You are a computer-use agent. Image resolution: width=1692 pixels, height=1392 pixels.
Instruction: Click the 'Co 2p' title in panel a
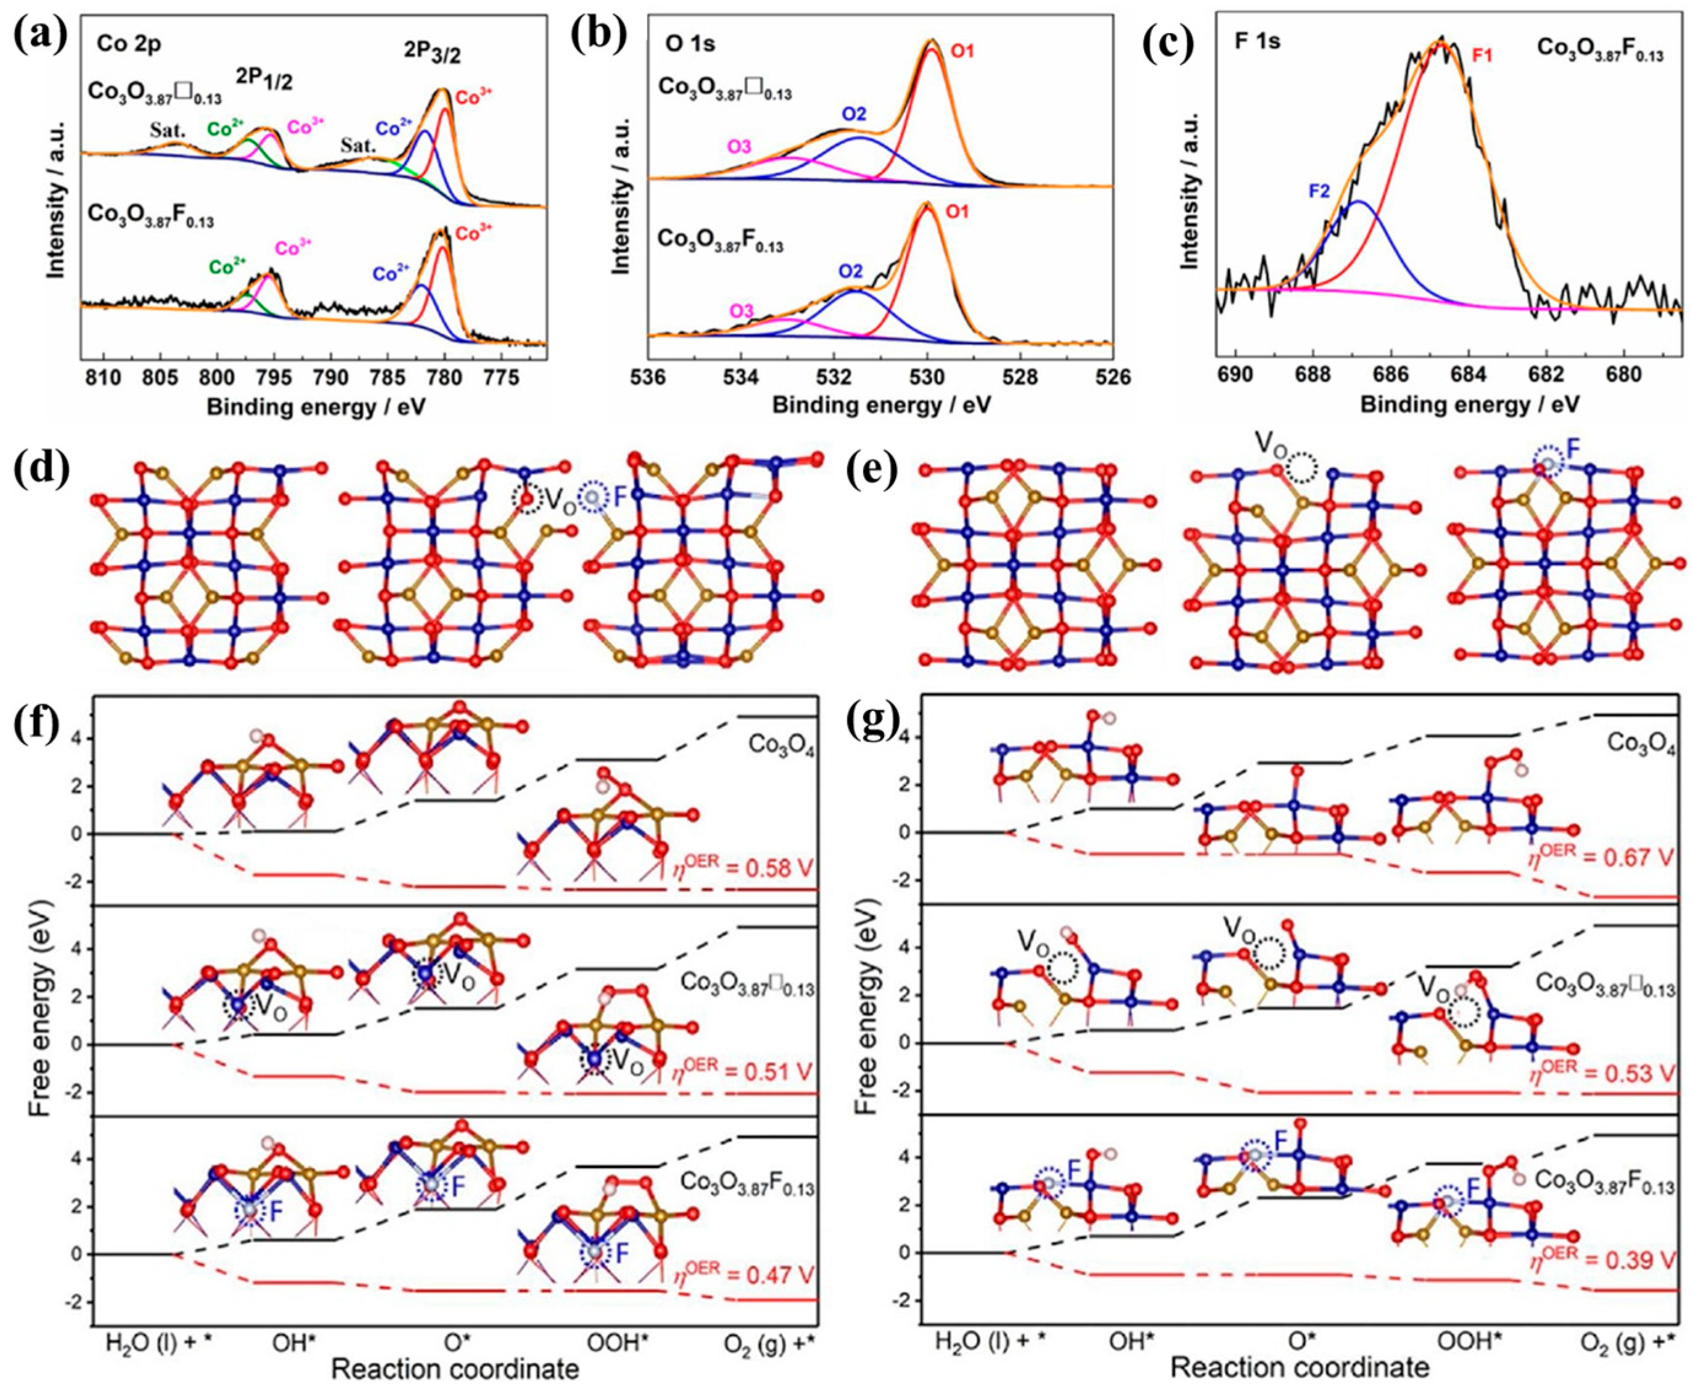pos(129,44)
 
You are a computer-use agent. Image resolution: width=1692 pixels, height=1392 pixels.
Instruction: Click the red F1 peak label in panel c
pos(1484,58)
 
